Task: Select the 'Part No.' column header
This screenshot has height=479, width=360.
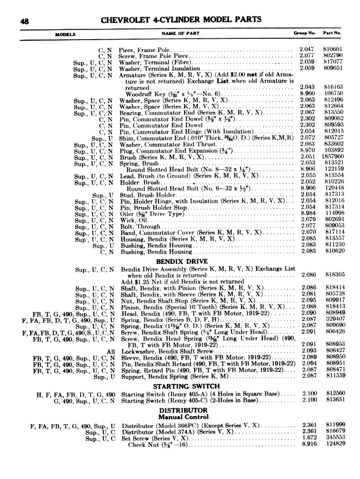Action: pyautogui.click(x=332, y=34)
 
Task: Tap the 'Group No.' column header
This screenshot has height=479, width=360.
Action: pyautogui.click(x=304, y=34)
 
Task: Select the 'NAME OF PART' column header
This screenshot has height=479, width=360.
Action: pyautogui.click(x=180, y=34)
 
